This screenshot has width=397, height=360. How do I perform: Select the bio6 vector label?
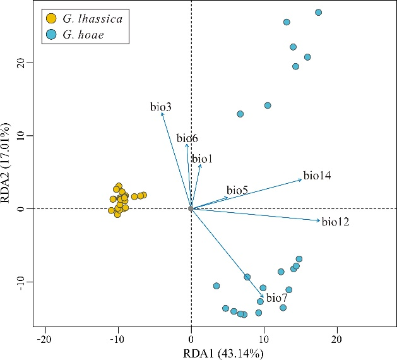[x=187, y=138]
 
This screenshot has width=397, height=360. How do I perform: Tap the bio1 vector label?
[x=202, y=159]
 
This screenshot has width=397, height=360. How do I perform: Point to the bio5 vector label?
[x=237, y=190]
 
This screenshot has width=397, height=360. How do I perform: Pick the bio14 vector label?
[x=317, y=175]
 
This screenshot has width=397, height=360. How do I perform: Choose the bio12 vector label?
[x=335, y=222]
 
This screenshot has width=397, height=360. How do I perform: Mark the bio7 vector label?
[x=276, y=298]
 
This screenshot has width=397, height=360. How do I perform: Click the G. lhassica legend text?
[x=93, y=19]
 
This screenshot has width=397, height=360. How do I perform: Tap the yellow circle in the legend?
[x=51, y=19]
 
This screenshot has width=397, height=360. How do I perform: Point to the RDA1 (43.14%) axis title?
[x=215, y=352]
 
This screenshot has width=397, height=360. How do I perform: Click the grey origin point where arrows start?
[x=191, y=208]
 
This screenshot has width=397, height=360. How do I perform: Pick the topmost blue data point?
[x=319, y=12]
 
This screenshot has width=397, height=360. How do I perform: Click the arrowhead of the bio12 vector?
[x=320, y=220]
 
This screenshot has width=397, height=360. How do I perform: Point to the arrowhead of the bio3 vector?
[x=162, y=112]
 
